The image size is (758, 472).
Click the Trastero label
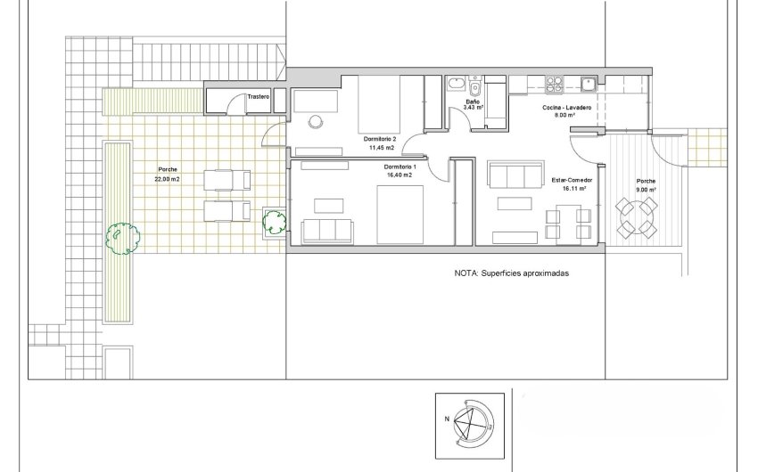260,96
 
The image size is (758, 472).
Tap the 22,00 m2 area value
168,177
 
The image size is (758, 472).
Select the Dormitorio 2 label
383,139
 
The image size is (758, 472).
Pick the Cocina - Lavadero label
564,107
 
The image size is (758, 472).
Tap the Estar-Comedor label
571,181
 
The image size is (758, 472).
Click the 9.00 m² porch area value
647,189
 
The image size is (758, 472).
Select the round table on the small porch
639,216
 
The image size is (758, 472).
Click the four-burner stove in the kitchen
554,83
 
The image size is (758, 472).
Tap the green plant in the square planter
273,222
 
